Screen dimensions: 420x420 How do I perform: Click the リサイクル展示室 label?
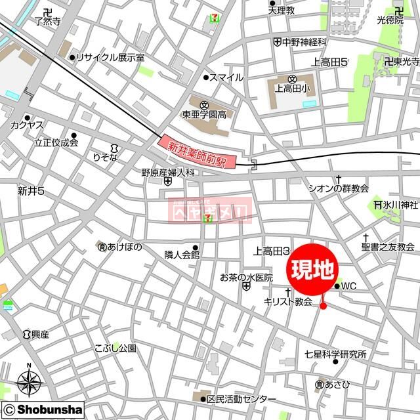coord(110,57)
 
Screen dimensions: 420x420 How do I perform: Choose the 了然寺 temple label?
coord(47,21)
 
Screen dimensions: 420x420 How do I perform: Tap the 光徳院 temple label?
coord(390,21)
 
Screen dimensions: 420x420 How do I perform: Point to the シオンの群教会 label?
coord(338,188)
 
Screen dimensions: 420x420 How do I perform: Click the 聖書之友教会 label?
coord(387,247)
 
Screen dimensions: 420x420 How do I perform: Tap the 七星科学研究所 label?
coord(335,354)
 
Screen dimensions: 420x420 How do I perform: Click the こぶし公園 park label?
coord(115,348)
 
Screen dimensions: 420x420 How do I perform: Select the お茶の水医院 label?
coord(245,277)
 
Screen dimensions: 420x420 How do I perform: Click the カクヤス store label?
coord(27,124)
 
